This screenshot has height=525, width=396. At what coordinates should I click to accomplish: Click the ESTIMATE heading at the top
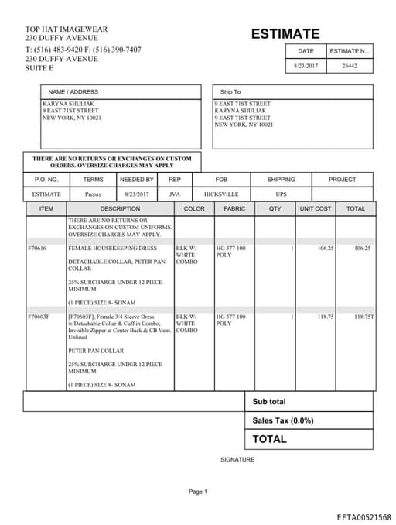(x=285, y=34)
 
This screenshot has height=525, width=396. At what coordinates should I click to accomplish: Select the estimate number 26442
(x=350, y=66)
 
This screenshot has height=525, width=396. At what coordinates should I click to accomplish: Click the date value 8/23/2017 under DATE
(x=306, y=66)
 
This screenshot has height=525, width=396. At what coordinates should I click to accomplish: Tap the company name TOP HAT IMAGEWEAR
(x=66, y=29)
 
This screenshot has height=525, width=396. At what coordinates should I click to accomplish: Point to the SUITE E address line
(x=39, y=69)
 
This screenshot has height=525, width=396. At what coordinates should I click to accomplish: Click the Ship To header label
(x=230, y=92)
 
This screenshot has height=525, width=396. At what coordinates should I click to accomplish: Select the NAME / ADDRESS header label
(x=73, y=92)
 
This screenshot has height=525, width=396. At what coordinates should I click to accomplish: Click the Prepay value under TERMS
(x=93, y=194)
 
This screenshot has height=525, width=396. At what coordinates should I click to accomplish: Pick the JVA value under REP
(x=175, y=194)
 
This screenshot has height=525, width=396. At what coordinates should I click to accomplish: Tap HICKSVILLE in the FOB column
(x=221, y=194)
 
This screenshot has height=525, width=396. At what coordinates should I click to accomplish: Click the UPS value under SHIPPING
(x=281, y=194)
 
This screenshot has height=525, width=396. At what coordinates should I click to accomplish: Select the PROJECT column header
(x=342, y=180)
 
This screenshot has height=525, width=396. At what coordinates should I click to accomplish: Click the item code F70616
(x=37, y=249)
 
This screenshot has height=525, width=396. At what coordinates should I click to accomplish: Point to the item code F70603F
(x=39, y=317)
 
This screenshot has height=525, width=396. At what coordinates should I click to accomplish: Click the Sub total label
(x=269, y=402)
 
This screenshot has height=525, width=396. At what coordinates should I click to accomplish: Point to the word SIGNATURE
(x=237, y=459)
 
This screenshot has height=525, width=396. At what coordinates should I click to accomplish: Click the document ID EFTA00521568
(x=364, y=516)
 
